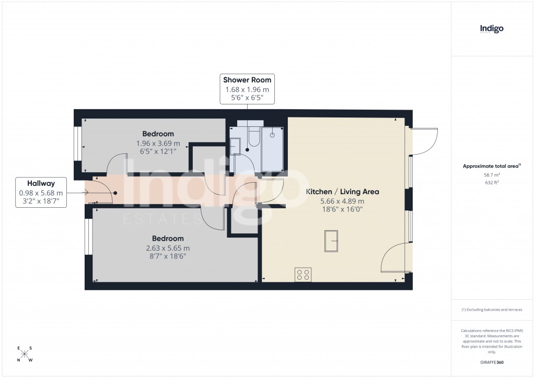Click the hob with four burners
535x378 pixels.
tap(303, 274)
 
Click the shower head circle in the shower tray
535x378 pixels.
tap(272, 134)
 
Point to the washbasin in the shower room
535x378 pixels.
tap(235, 146)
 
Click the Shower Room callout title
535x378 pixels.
tap(247, 80)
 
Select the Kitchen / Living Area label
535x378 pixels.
tap(342, 192)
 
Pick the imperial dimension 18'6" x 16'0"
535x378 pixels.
tap(342, 209)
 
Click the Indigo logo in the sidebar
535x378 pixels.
tap(492, 29)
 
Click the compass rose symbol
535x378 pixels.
tap(25, 354)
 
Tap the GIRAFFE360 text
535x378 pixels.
tap(492, 362)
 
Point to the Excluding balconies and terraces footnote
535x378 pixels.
tap(492, 310)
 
